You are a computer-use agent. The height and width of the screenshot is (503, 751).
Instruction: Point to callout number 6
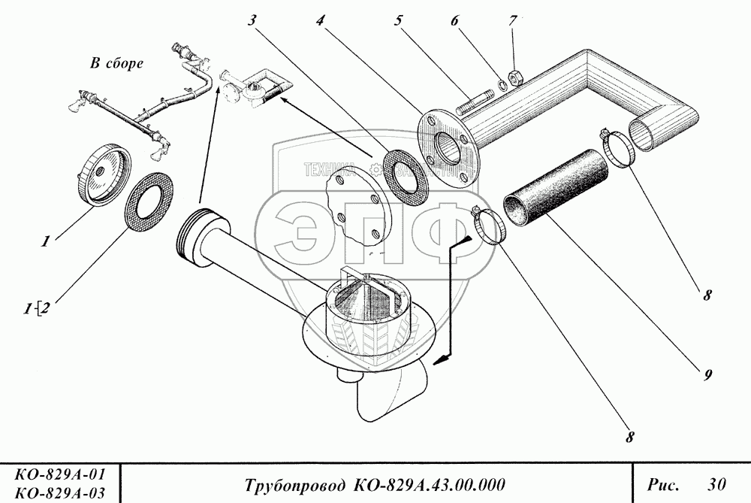[452, 21]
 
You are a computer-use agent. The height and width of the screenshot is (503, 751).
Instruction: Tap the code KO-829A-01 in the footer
[59, 474]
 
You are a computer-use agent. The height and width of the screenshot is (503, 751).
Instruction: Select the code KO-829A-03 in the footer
[59, 492]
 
